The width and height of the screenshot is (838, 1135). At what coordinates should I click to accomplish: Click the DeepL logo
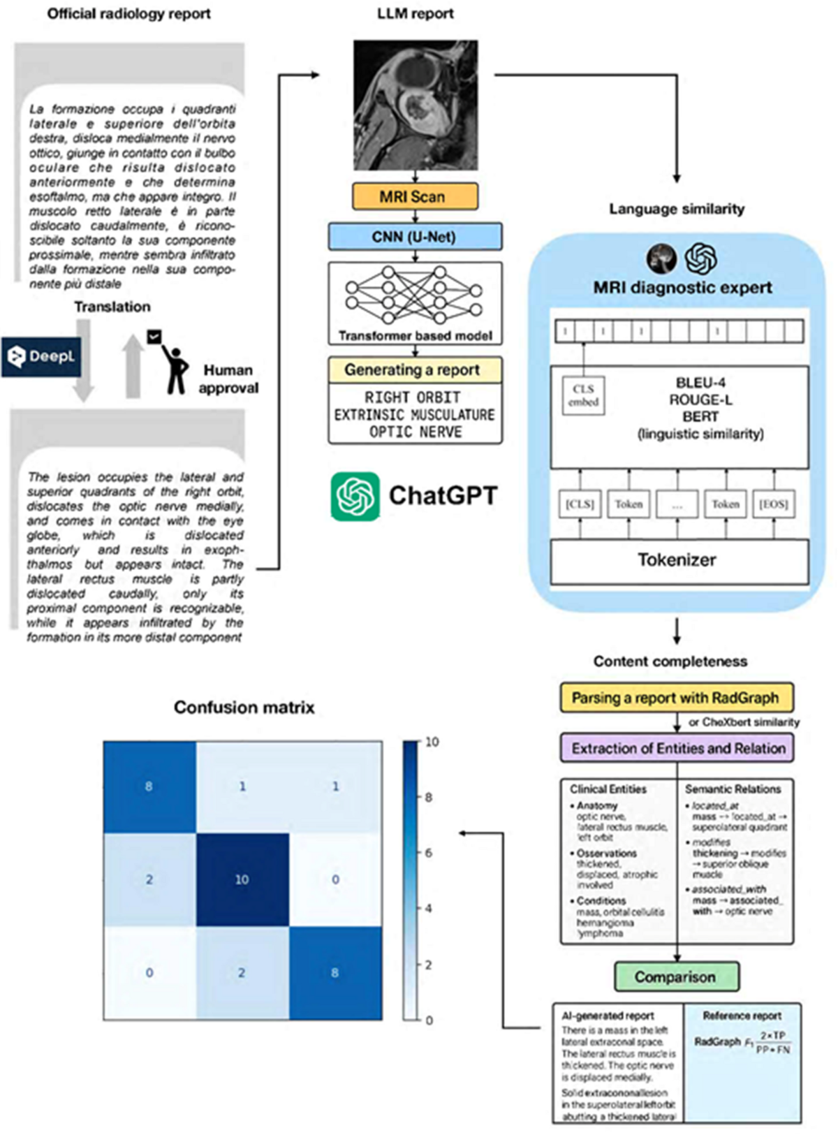pos(41,356)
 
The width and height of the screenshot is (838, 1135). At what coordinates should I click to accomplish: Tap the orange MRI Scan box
pos(415,197)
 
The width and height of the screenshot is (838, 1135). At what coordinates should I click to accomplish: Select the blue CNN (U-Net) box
pos(415,237)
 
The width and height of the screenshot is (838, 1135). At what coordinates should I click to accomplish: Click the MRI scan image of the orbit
pos(416,105)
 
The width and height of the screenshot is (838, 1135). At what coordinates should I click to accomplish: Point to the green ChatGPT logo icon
pos(355,497)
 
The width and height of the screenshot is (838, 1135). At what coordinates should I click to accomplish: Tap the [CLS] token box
pos(580,504)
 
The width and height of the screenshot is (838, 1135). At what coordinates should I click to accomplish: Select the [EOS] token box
pos(773,504)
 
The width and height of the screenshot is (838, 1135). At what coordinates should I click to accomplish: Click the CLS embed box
pos(583,395)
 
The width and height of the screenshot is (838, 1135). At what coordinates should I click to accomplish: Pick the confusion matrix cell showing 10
pos(242,879)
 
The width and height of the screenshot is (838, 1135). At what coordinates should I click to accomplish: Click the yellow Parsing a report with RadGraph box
pos(676,698)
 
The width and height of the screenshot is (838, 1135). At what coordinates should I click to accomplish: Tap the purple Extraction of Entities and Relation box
pos(677,748)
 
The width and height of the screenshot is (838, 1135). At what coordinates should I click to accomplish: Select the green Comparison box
pos(676,976)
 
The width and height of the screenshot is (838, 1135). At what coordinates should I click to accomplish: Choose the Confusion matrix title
pos(244,708)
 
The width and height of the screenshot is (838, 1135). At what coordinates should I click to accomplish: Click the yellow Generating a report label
pos(415,369)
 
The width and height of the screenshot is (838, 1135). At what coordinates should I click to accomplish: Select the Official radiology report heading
pos(129,13)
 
